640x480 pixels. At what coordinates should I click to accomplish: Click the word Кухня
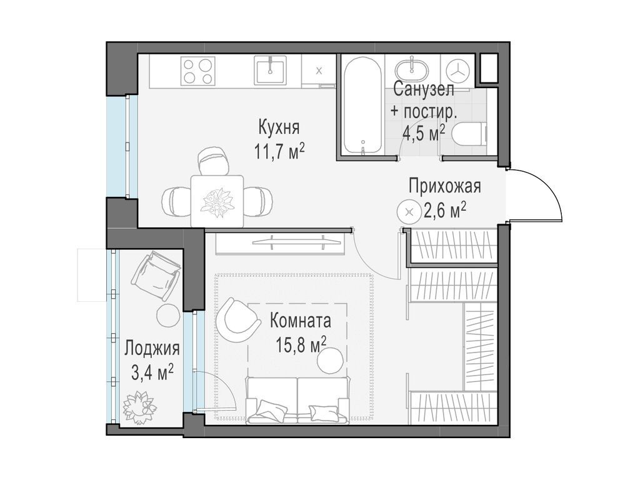pos(279,127)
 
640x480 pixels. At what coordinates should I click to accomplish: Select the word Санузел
pos(424,89)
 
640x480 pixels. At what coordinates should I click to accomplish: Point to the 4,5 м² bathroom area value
pos(423,132)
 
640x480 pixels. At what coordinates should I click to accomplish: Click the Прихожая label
pos(444,186)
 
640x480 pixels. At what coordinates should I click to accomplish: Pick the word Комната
pos(301,321)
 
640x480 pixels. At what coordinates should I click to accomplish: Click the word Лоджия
pos(152,349)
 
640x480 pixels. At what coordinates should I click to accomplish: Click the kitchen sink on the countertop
pos(270,70)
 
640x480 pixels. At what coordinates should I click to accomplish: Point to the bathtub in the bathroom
pos(362,105)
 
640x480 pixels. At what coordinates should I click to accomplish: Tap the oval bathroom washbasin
pos(412,69)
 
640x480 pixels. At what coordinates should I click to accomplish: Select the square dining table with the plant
pos(217,201)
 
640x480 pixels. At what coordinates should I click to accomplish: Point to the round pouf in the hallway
pos(409,212)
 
